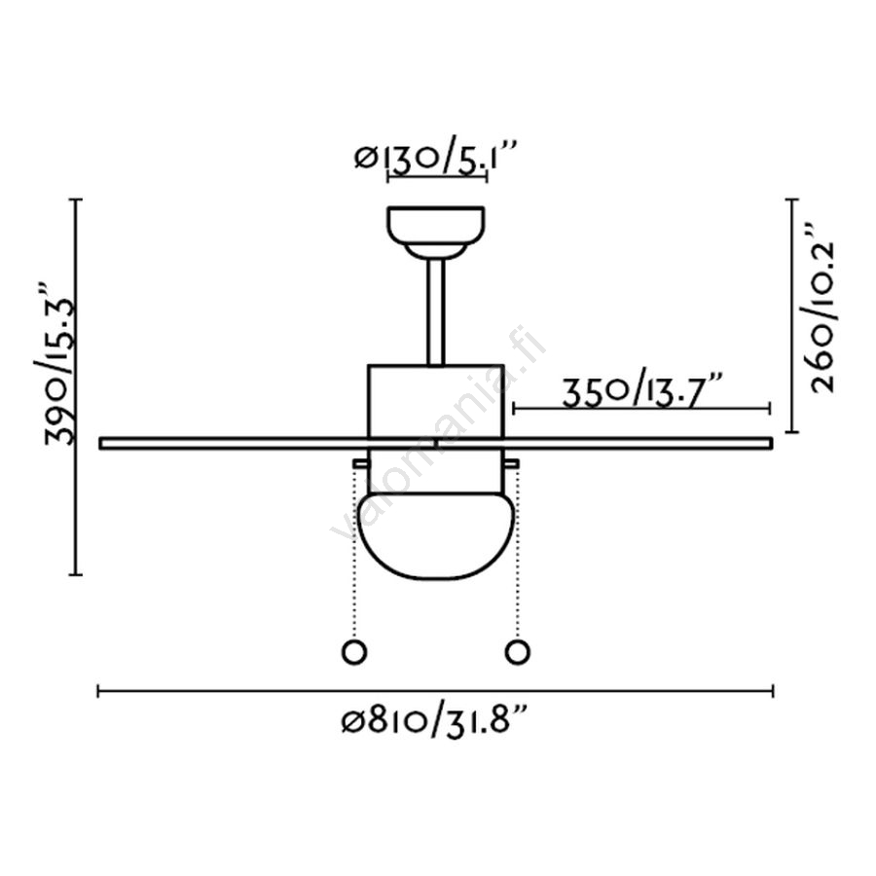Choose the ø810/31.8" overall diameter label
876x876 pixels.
(435, 720)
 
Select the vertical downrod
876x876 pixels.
(436, 311)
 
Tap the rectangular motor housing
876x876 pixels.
(436, 401)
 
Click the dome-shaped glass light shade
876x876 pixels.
(436, 535)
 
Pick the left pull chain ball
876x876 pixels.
(354, 652)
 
